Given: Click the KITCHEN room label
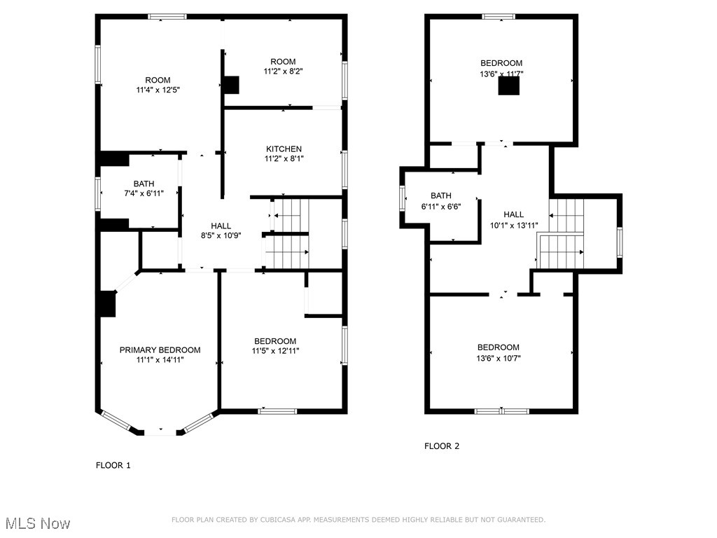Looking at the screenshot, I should tap(284, 149).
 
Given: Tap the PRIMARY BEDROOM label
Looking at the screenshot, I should tap(160, 350).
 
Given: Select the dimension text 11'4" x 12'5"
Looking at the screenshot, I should tap(158, 90).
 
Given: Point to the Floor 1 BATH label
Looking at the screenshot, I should tap(144, 184).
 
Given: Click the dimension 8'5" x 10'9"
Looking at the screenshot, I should tap(221, 235).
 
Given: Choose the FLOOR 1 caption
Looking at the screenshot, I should tap(113, 464).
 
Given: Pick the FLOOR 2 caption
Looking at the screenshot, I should tap(442, 446).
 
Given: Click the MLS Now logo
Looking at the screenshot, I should tap(37, 523).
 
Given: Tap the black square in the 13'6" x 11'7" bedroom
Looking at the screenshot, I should tap(509, 85).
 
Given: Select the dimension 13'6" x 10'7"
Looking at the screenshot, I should tap(499, 357).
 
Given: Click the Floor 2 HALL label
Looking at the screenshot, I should tap(513, 214).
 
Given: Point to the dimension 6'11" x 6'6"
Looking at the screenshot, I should tap(441, 205).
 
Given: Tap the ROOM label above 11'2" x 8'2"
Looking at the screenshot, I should tap(284, 62).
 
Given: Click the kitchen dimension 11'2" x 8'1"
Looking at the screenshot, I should tap(284, 158).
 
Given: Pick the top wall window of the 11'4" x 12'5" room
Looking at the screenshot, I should tap(167, 16).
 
